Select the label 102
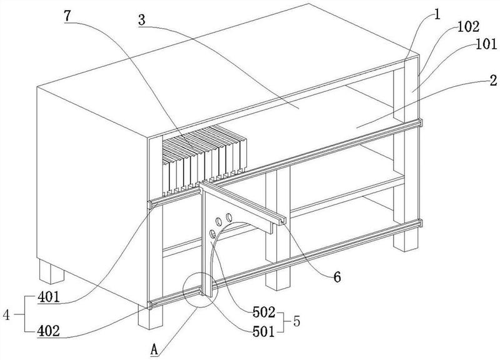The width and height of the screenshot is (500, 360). coord(468,27)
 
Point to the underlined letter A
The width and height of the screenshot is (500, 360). coord(154,348)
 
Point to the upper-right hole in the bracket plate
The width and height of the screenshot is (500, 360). coord(229,216)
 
